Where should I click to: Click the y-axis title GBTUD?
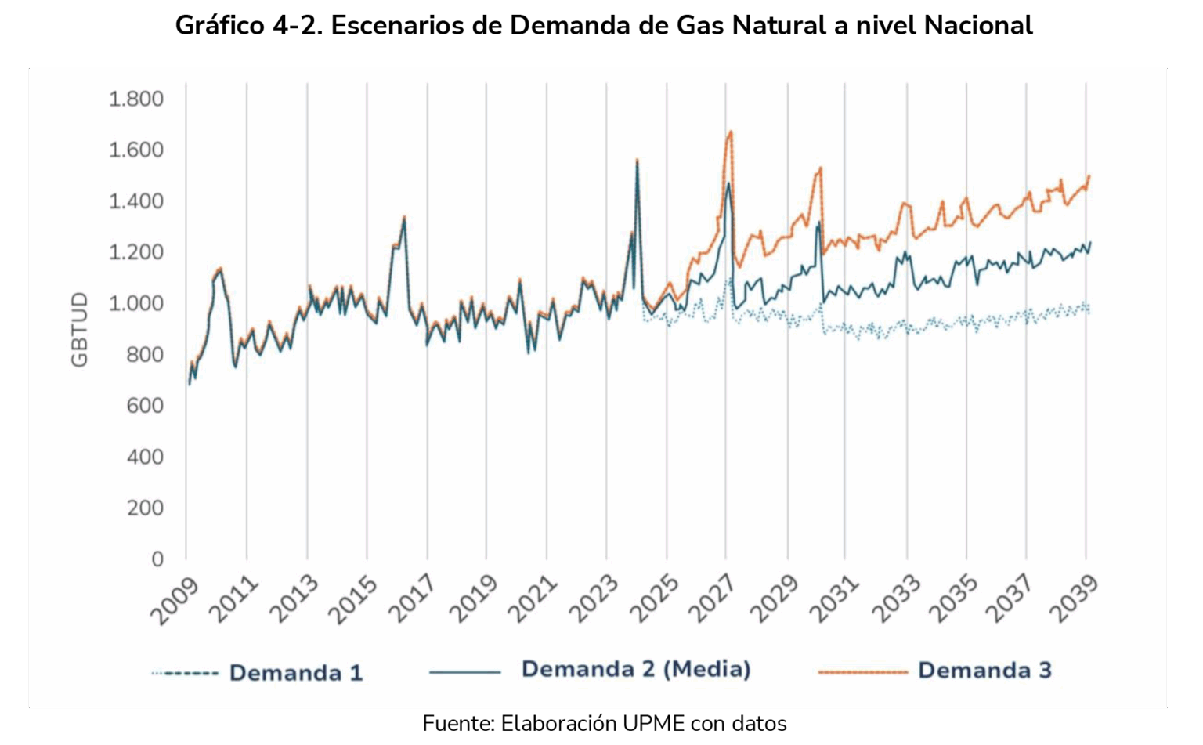pos(80,329)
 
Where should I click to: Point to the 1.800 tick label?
pos(135,99)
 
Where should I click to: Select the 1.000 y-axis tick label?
pos(135,303)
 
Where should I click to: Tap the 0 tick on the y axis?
pos(157,559)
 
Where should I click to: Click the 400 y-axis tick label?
pos(145,457)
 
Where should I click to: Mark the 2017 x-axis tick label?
pos(413,602)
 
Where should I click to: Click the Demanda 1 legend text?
pos(296,673)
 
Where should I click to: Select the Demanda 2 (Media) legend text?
pos(636,669)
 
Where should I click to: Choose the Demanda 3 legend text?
pos(984,671)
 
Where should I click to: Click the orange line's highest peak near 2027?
pos(731,132)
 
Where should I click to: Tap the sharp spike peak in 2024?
pos(637,160)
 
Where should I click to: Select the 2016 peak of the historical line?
pos(404,217)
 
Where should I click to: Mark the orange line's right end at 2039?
pos(1089,175)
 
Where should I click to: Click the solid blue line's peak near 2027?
pos(728,183)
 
